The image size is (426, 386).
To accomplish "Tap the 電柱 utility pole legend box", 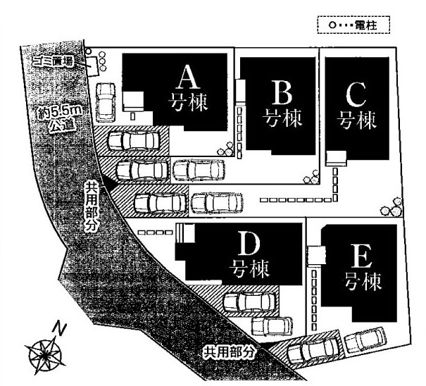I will click(353, 26).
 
